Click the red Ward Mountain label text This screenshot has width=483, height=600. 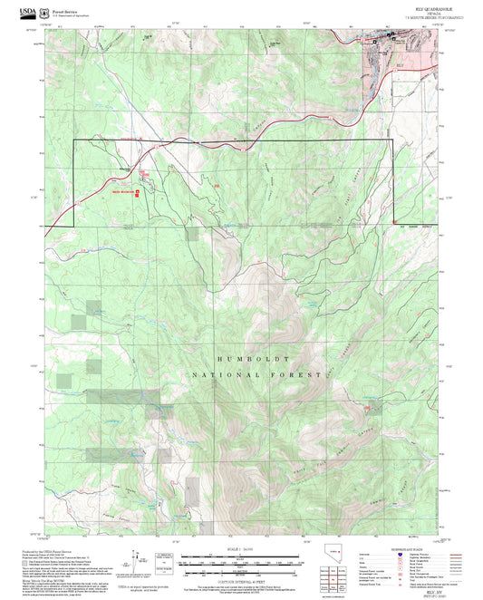pyautogui.click(x=122, y=191)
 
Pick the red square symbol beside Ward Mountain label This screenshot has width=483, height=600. pyautogui.click(x=137, y=191)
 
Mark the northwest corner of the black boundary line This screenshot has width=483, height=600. pyautogui.click(x=74, y=141)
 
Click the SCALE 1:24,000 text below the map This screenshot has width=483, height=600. pyautogui.click(x=241, y=547)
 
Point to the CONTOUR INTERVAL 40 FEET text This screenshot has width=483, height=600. pyautogui.click(x=241, y=579)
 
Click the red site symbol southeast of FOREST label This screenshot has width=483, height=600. pyautogui.click(x=367, y=410)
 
